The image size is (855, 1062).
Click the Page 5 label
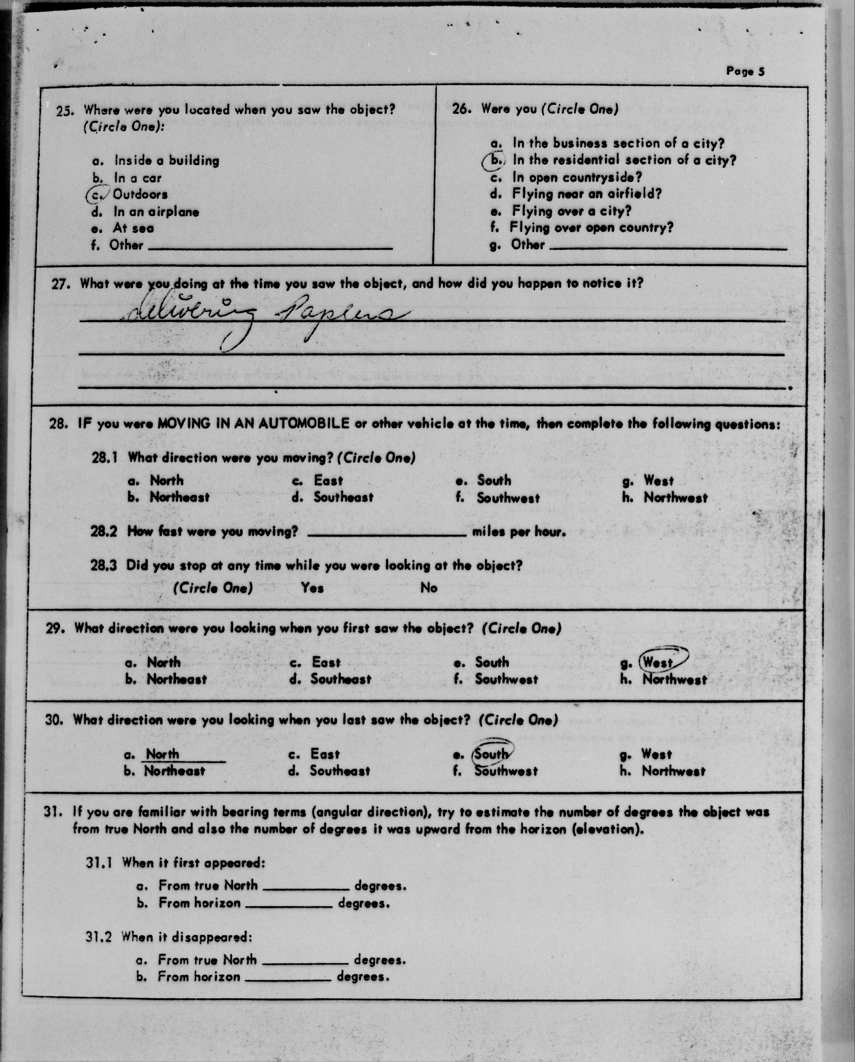(745, 71)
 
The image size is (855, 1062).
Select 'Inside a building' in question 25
(167, 161)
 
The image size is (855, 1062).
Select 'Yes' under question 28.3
(313, 588)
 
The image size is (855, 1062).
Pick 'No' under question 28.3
(429, 588)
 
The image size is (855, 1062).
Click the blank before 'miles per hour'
(387, 532)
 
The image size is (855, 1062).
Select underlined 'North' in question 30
(163, 754)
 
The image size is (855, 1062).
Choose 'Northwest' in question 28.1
(675, 497)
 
